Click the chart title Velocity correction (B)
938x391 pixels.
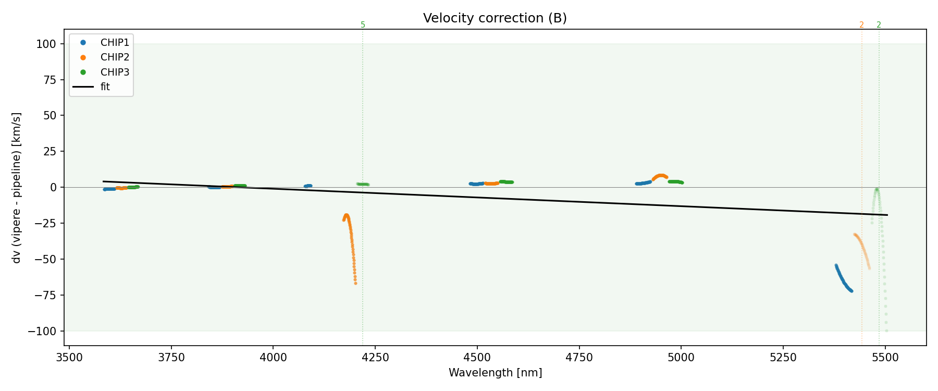495,18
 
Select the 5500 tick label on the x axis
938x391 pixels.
885,358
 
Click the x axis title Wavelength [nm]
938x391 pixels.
495,373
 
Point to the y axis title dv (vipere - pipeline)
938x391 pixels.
17,188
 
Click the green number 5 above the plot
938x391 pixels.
363,25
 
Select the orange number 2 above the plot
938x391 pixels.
861,25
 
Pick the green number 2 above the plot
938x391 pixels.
879,25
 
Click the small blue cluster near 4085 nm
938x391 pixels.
308,186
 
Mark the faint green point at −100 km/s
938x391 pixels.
886,331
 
